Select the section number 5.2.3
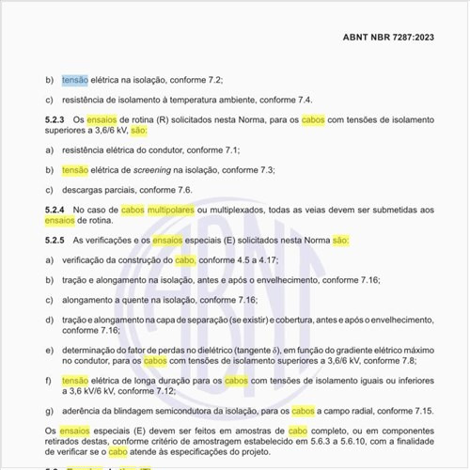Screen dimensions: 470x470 (55, 121)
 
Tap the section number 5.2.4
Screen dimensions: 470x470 (55, 210)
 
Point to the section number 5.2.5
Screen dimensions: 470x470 (55, 242)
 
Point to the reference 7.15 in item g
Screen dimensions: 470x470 (423, 412)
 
